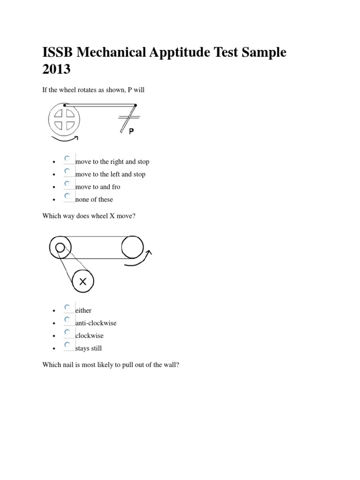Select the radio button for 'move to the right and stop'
coord(68,159)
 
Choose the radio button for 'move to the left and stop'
coord(68,172)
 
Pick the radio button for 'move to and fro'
coord(68,184)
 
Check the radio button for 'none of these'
coord(68,196)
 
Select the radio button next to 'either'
coord(68,307)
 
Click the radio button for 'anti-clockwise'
coord(68,320)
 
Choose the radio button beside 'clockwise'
coord(68,333)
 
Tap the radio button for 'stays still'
coord(68,345)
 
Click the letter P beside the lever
coord(132,132)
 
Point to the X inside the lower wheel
coord(82,281)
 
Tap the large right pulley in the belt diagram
coord(133,247)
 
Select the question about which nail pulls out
coord(110,364)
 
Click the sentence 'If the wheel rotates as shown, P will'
coord(93,90)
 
